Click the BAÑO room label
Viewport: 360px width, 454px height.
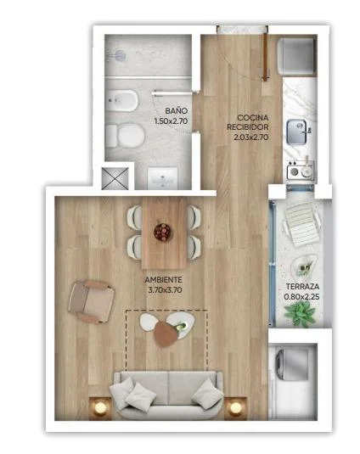click(x=177, y=110)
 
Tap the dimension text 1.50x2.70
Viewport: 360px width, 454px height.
click(x=171, y=121)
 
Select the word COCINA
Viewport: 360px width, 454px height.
click(x=252, y=118)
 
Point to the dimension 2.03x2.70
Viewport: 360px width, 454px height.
click(x=250, y=137)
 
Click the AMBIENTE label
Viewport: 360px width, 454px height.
click(x=163, y=280)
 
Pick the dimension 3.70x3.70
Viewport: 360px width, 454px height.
click(x=165, y=290)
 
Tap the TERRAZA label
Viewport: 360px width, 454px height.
click(x=302, y=286)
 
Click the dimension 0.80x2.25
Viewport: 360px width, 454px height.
click(x=301, y=297)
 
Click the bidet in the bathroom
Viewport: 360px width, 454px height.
click(x=122, y=100)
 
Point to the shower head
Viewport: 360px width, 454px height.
click(x=120, y=55)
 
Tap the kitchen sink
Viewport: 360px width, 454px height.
click(x=296, y=132)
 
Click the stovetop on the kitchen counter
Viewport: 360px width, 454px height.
click(x=301, y=171)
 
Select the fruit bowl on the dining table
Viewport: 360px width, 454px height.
click(x=162, y=232)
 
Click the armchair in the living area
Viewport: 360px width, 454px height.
click(x=91, y=301)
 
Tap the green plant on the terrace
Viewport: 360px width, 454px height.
click(x=300, y=314)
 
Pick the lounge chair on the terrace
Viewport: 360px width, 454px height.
click(x=301, y=224)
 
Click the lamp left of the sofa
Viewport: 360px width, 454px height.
click(x=100, y=407)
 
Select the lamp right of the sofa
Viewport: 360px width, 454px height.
click(x=235, y=407)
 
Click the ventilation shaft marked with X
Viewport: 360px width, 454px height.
click(x=115, y=178)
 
